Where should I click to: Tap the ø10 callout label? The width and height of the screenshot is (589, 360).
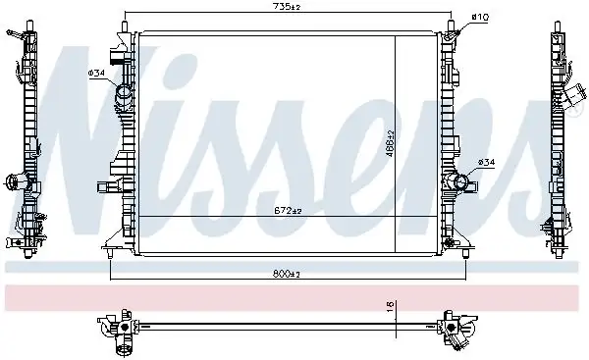[x=480, y=17]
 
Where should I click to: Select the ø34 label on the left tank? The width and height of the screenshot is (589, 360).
[x=97, y=73]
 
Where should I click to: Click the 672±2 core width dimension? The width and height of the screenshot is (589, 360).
[x=286, y=210]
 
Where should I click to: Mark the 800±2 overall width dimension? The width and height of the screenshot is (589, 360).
[x=286, y=275]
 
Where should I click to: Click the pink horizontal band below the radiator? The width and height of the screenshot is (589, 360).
[x=294, y=293]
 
